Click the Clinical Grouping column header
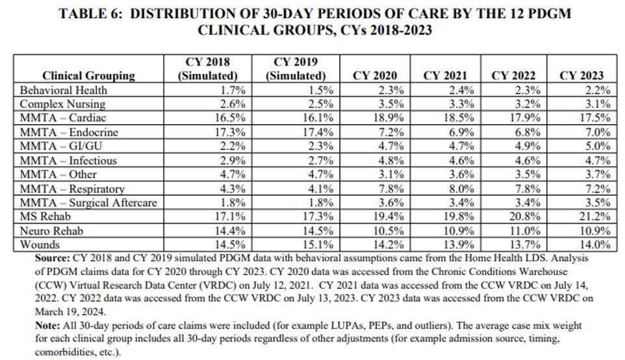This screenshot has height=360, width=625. tap(88, 75)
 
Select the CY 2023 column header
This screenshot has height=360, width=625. tap(581, 75)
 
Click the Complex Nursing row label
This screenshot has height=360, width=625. tap(62, 104)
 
